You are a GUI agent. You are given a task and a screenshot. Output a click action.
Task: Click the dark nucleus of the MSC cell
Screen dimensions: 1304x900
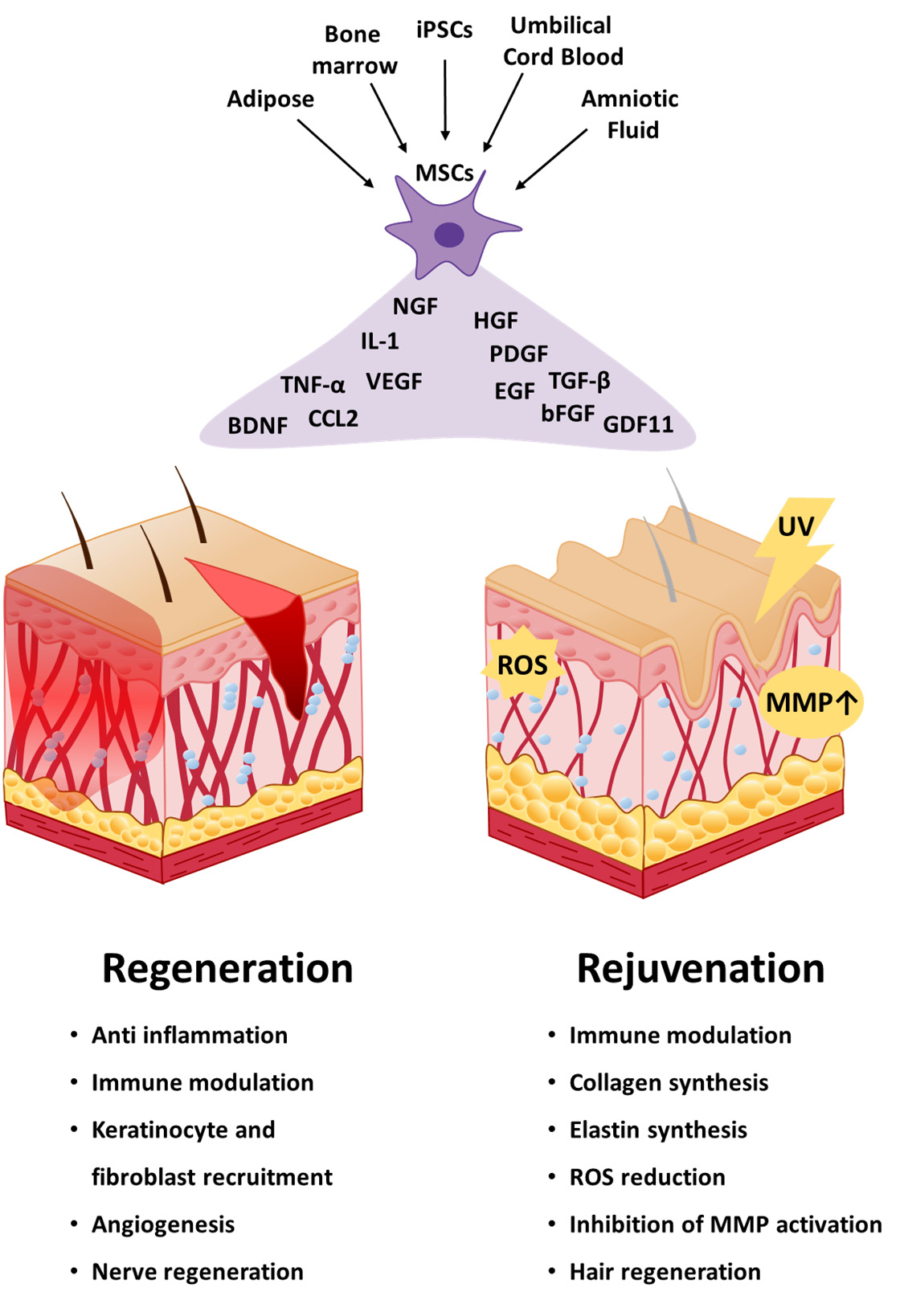coord(448,235)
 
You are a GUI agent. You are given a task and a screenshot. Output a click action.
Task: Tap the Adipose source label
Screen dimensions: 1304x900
coord(270,99)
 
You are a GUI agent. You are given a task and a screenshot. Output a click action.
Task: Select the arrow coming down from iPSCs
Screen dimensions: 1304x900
coord(444,100)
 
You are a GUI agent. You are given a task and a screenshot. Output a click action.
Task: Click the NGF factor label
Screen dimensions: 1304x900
coord(415,306)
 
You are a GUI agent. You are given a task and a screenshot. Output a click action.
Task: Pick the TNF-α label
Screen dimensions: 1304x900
coord(313,385)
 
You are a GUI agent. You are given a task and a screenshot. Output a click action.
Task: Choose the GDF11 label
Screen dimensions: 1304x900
coord(638,424)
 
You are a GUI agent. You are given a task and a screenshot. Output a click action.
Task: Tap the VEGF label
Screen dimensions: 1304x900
coord(394,382)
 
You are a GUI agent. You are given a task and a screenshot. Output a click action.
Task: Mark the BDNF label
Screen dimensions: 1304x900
coord(257,425)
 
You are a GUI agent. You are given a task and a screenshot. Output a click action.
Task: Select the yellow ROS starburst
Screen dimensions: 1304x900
coord(522,665)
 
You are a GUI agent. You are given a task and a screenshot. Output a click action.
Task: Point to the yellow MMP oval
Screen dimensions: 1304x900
coord(810,702)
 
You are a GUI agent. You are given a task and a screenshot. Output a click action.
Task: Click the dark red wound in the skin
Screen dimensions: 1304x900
coord(281,643)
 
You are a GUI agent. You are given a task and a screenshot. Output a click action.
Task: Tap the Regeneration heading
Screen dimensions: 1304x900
coord(227,968)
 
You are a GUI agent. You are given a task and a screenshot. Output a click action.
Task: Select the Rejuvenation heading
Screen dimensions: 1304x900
coord(701,968)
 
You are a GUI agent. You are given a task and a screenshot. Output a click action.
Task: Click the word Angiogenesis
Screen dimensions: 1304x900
coord(163,1224)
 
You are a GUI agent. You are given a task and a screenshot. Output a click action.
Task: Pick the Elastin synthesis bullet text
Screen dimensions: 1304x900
coord(658,1130)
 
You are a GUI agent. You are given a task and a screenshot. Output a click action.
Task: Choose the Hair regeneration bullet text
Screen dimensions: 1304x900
coord(665,1272)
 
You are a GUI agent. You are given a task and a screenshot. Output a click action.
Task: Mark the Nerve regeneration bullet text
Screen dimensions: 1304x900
coord(198,1272)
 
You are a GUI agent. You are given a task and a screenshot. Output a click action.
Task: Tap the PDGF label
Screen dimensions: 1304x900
coord(518,354)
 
